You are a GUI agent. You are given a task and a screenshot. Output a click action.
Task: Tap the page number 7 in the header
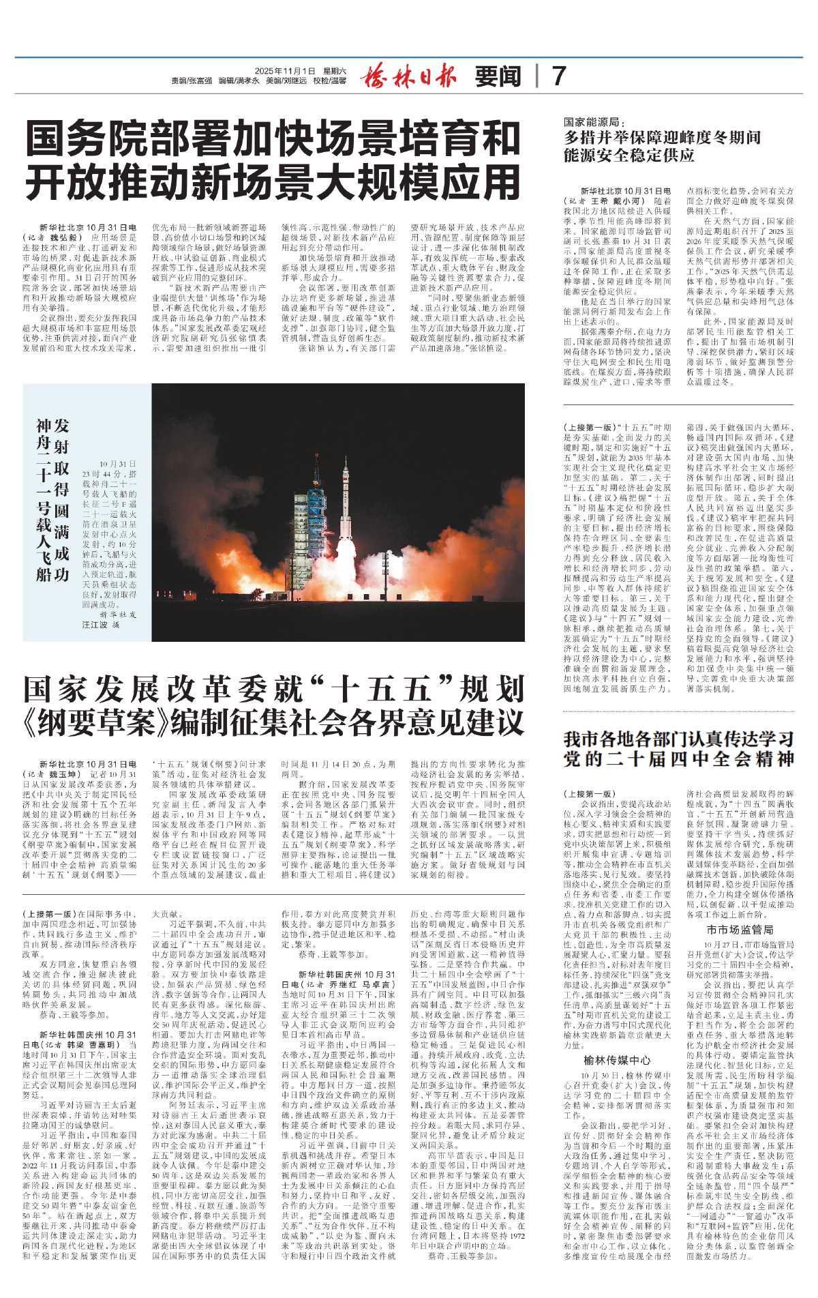[558, 76]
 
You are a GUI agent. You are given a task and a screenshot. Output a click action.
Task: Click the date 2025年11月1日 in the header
[286, 70]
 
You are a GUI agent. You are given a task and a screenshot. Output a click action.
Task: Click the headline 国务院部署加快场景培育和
[273, 138]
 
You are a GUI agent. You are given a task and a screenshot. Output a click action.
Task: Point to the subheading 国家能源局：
[594, 121]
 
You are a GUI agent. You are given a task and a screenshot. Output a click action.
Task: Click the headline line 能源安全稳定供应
[628, 156]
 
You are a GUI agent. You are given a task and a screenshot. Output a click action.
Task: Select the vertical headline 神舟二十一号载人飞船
[45, 500]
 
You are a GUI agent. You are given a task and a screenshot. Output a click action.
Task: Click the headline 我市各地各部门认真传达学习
[678, 739]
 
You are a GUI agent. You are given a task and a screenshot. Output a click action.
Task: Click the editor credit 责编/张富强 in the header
[191, 80]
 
